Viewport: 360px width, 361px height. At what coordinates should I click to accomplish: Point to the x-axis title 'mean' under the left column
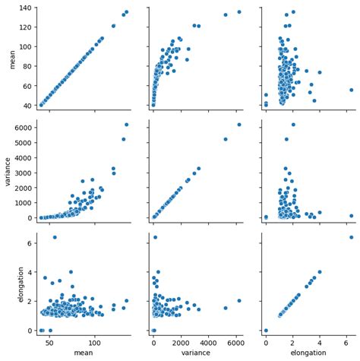pyautogui.click(x=73, y=353)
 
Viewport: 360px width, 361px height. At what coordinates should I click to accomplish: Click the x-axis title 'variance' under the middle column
pyautogui.click(x=196, y=353)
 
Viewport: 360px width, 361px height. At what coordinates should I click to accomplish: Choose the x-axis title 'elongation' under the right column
pyautogui.click(x=308, y=353)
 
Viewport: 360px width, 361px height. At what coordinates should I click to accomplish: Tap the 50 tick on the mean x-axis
pyautogui.click(x=50, y=342)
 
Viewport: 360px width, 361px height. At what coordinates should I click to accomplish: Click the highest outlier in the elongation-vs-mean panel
pyautogui.click(x=55, y=237)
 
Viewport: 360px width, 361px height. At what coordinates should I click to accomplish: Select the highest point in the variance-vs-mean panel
pyautogui.click(x=126, y=125)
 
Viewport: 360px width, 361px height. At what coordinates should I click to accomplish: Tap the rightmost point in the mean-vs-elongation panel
pyautogui.click(x=351, y=90)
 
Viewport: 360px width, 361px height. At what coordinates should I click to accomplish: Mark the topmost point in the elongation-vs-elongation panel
pyautogui.click(x=351, y=237)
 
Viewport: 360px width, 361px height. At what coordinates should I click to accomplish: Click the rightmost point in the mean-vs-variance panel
pyautogui.click(x=238, y=11)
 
